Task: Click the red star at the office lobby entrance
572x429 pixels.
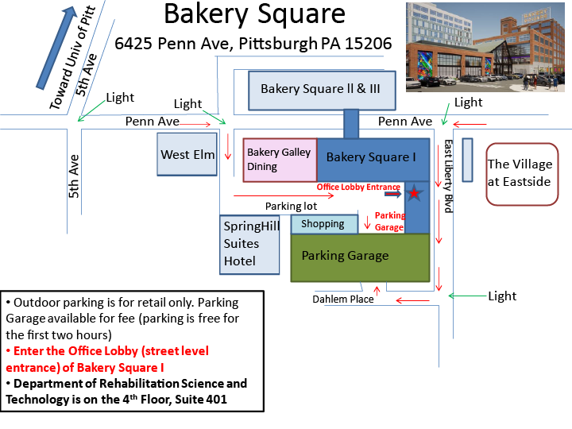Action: [414, 193]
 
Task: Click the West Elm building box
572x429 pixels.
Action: [187, 153]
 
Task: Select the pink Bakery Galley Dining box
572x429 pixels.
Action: [280, 159]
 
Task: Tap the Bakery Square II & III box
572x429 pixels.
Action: [321, 90]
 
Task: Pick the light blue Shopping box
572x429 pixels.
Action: [323, 224]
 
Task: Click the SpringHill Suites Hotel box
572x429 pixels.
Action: [250, 244]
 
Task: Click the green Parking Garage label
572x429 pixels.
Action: [345, 256]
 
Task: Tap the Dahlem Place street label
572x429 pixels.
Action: [342, 300]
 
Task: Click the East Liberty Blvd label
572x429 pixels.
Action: [448, 176]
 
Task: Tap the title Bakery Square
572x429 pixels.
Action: [254, 14]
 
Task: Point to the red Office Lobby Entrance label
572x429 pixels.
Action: [358, 187]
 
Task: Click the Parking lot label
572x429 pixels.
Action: [290, 207]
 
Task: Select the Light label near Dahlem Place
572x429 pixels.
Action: [502, 296]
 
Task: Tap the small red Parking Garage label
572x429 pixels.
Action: [390, 221]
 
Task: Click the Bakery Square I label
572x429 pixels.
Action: [371, 157]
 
